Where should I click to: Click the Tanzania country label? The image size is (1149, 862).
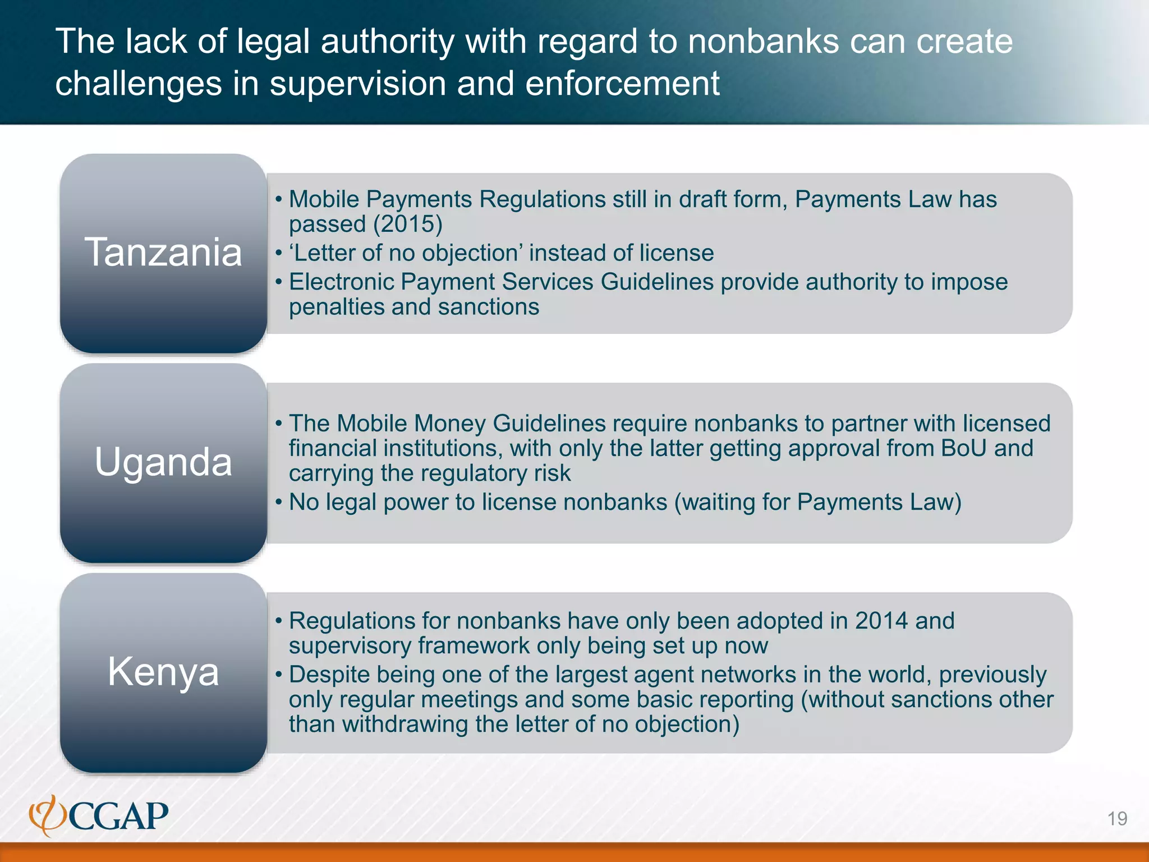coord(163,252)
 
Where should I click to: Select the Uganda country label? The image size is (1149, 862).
coord(163,462)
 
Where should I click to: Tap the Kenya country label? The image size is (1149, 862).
coord(163,671)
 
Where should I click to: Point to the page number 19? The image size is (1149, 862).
coord(1117,819)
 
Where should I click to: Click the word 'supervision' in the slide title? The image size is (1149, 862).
coord(358,84)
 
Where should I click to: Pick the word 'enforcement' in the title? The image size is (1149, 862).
coord(622,84)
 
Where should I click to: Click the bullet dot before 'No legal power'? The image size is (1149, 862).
coord(278,502)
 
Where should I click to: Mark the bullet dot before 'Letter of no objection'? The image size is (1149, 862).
coord(278,253)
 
